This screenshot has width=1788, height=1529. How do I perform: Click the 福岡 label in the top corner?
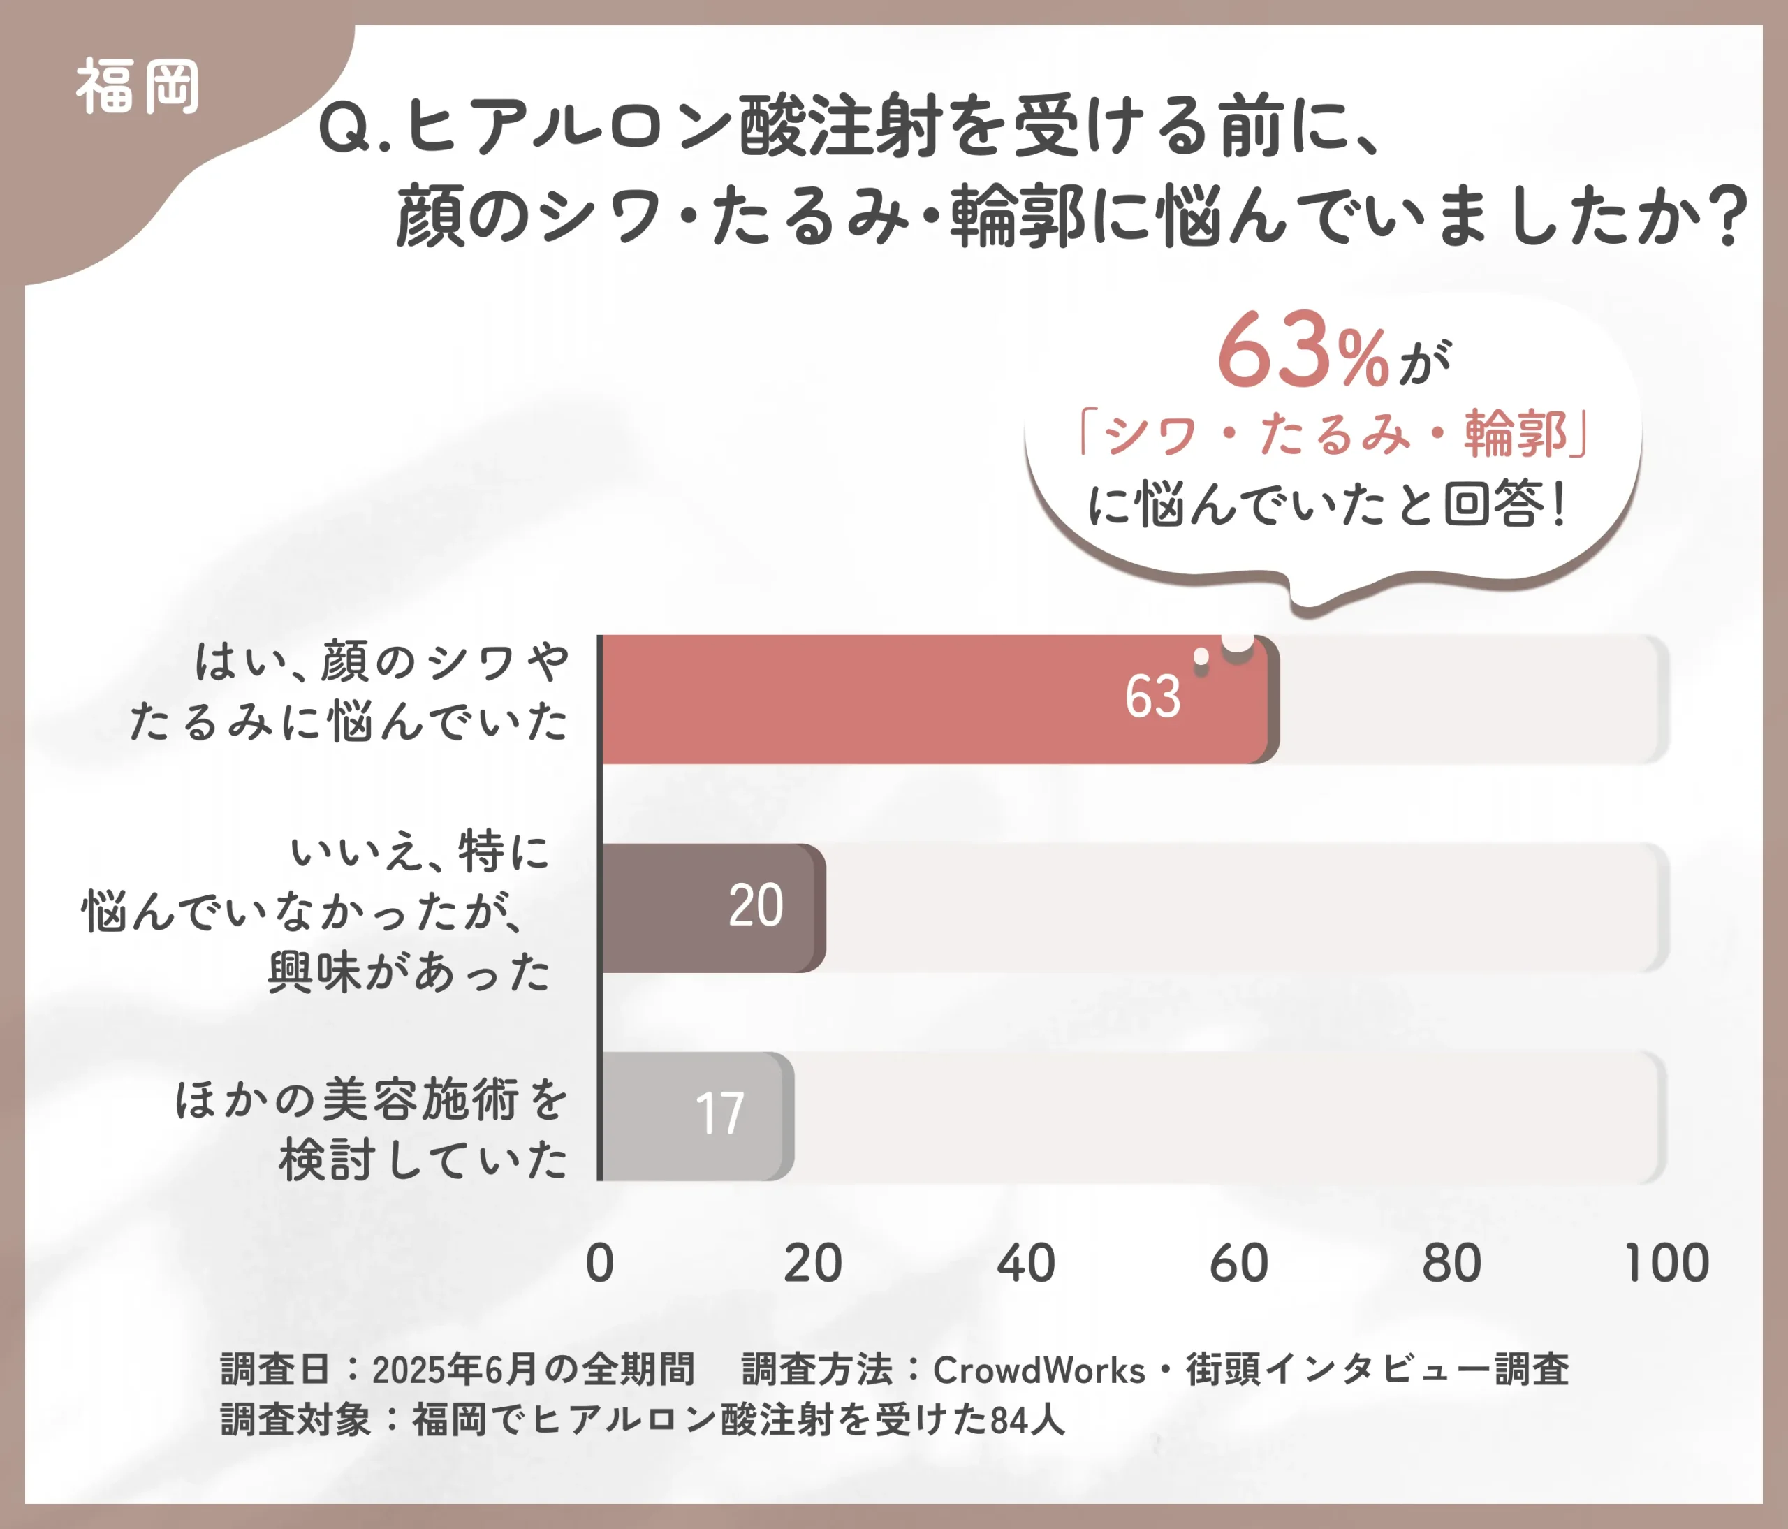tap(138, 87)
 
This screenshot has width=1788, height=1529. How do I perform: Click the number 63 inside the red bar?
tap(1152, 697)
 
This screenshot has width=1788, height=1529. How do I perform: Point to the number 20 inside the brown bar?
tap(756, 906)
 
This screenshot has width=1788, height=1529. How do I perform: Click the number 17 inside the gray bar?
tap(719, 1114)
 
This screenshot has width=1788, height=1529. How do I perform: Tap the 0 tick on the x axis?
tap(600, 1264)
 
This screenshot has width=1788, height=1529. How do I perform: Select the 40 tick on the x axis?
tap(1026, 1264)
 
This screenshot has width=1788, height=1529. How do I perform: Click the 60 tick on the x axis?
tap(1239, 1264)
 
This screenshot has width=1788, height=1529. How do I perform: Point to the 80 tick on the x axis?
tap(1452, 1264)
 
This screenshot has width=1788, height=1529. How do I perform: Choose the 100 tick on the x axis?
tap(1666, 1264)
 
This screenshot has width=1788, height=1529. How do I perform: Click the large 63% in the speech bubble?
tap(1303, 352)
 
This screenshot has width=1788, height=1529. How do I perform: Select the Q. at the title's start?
tap(354, 129)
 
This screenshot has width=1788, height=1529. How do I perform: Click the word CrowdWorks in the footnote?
tap(1039, 1370)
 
